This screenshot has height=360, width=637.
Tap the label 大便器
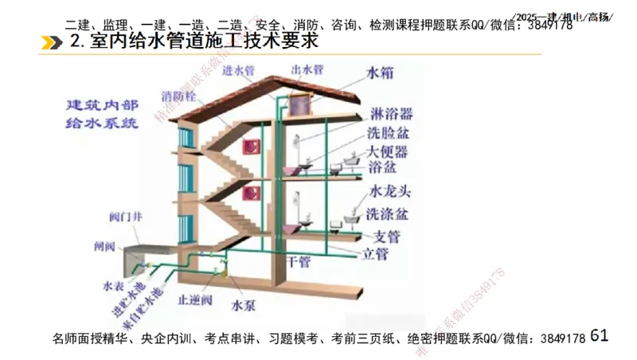coord(388,151)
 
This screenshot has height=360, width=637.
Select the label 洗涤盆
coord(388,214)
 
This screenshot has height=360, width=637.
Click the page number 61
coord(600,336)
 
